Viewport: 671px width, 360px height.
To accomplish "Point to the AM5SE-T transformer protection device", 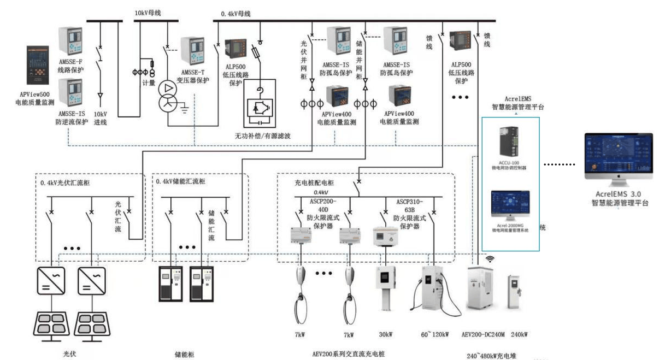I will [x=193, y=51].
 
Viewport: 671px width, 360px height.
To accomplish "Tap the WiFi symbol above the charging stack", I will [x=490, y=258].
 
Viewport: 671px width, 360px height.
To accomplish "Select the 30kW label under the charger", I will [x=385, y=334].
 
